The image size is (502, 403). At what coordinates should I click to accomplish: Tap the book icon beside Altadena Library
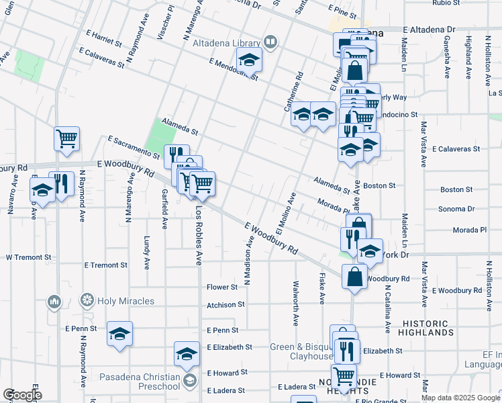tap(270, 43)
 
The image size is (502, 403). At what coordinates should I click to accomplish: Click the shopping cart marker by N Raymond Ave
tap(66, 139)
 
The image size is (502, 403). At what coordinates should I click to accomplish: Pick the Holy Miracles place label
tap(125, 301)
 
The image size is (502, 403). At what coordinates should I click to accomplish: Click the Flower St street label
tap(222, 287)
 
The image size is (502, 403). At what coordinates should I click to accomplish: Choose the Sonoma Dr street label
tap(456, 209)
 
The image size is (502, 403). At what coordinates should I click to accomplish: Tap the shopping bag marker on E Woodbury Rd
tap(354, 276)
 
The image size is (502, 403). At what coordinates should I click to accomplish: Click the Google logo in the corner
tap(21, 394)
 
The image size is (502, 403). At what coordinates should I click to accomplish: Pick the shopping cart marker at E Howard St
tap(344, 375)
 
